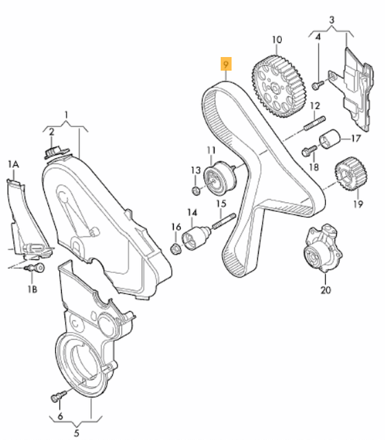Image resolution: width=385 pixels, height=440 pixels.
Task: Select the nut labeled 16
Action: (175, 245)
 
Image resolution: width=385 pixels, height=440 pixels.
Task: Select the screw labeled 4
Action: (318, 85)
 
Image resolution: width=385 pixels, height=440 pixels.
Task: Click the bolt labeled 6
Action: (58, 397)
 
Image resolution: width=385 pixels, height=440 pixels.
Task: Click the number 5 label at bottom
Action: (77, 432)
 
